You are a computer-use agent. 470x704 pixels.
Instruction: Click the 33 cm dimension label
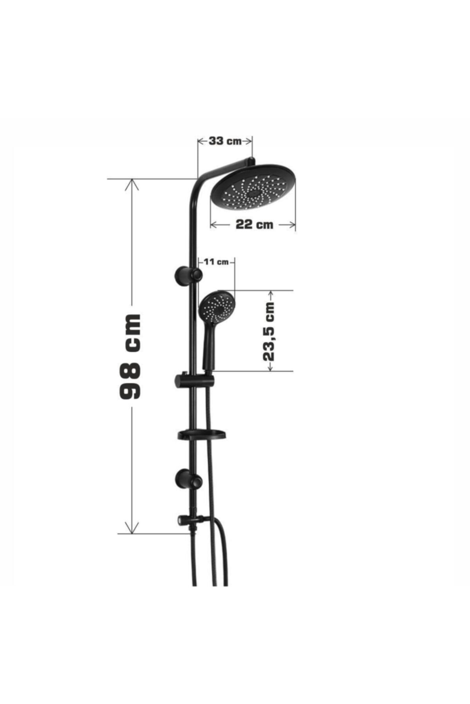pyautogui.click(x=225, y=141)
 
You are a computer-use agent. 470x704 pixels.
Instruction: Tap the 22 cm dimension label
pyautogui.click(x=254, y=224)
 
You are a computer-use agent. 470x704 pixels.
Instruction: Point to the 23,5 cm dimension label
pyautogui.click(x=269, y=331)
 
